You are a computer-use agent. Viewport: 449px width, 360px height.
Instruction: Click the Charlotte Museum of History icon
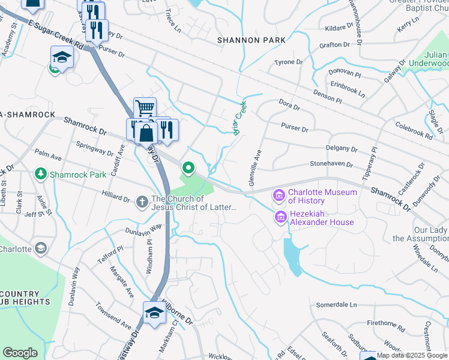click(x=279, y=195)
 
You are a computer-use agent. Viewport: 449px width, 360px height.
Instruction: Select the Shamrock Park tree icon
click(x=41, y=174)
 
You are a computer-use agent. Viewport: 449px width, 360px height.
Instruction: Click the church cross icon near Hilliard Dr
click(x=142, y=202)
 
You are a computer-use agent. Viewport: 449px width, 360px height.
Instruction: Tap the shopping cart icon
click(x=145, y=109)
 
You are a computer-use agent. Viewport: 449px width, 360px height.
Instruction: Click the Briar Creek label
click(x=240, y=118)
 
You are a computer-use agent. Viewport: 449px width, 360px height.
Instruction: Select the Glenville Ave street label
click(x=253, y=167)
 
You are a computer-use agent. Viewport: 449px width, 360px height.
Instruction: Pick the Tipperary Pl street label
click(x=369, y=163)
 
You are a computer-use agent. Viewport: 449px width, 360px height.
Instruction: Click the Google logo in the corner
click(x=20, y=353)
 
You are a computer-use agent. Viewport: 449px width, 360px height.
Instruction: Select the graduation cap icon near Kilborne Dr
click(x=154, y=313)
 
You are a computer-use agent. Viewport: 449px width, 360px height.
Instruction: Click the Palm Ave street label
click(x=49, y=157)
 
